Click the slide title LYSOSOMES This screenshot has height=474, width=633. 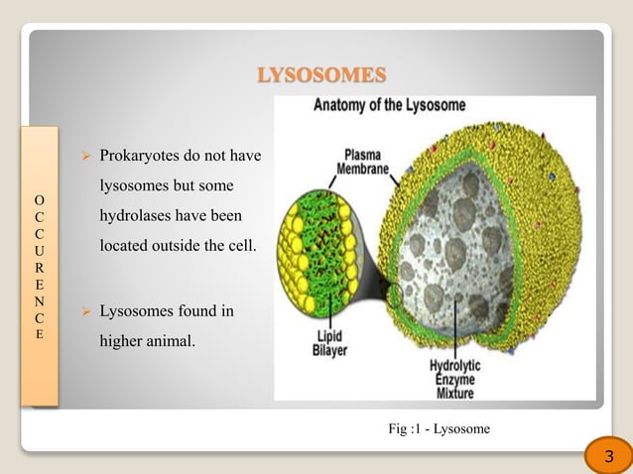pyautogui.click(x=320, y=75)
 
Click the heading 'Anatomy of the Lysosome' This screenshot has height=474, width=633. pyautogui.click(x=390, y=104)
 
